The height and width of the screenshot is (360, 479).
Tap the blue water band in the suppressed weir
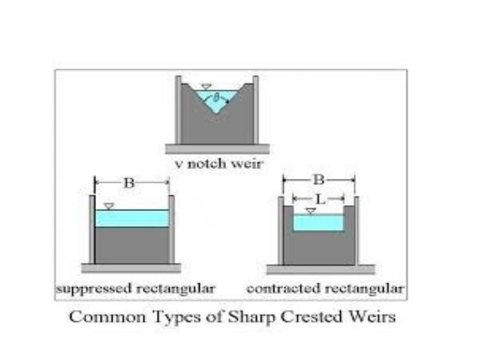tap(132, 218)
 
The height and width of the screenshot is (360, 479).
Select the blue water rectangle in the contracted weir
tap(318, 223)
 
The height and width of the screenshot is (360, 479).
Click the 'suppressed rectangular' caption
tap(136, 288)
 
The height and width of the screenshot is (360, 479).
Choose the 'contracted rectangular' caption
tap(325, 288)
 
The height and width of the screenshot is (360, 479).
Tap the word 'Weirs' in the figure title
tap(373, 316)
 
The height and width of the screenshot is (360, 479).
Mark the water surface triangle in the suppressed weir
tap(110, 205)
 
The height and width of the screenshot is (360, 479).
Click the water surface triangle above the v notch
tap(208, 86)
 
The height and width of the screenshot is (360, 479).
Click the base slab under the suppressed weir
tap(132, 268)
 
